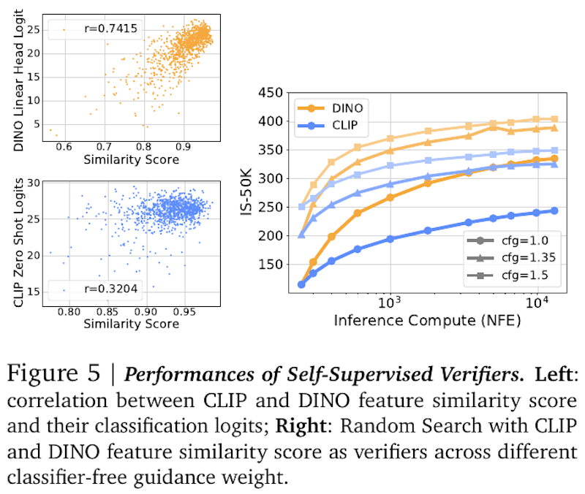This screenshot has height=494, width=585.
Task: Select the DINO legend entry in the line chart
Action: coord(345,107)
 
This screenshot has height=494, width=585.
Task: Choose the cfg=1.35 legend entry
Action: coord(518,259)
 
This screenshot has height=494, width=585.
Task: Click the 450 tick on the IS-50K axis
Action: coord(271,93)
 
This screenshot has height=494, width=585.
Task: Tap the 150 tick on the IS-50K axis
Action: coord(271,265)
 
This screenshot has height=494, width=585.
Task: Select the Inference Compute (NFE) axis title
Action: coord(424,319)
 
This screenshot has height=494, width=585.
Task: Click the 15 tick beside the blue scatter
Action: coord(34,291)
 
